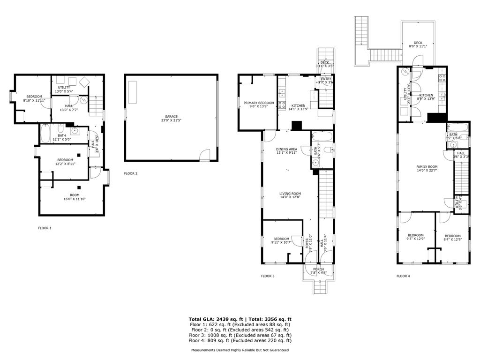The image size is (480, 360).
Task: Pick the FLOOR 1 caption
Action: coord(45,228)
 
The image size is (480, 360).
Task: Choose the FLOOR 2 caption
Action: coord(131,173)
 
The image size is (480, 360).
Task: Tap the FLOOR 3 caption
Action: coord(268,276)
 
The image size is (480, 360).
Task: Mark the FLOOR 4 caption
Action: coord(403,276)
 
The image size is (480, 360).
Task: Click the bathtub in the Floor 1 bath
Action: coord(46,134)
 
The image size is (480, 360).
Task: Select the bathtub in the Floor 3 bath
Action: coord(322,138)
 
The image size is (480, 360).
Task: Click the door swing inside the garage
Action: coord(205,155)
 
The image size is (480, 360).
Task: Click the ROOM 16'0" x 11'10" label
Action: coord(75,197)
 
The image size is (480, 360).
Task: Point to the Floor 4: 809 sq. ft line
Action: coord(240,341)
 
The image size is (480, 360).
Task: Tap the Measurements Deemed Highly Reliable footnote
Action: coord(240,350)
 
